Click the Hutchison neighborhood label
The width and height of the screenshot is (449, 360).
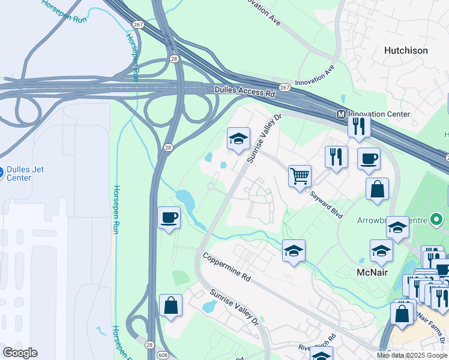406,51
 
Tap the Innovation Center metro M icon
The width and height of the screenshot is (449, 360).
340,114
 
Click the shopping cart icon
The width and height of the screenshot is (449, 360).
300,176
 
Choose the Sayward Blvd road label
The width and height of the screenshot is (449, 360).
326,204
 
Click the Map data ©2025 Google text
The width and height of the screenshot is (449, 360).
412,355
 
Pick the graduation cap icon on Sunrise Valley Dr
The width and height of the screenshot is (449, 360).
238,138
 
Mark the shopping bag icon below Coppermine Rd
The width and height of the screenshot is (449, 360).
171,305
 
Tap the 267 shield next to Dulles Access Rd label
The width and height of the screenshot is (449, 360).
285,88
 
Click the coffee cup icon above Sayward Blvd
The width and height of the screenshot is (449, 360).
369,158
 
